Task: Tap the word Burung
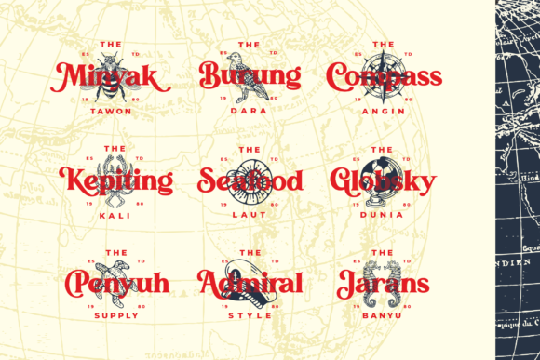click(x=250, y=76)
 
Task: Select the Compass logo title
click(x=385, y=77)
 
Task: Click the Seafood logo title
click(x=250, y=180)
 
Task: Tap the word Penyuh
click(x=114, y=283)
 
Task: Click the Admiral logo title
click(x=249, y=283)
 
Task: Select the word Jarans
click(x=384, y=283)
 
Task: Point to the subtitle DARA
click(x=249, y=111)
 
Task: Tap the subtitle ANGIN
click(x=384, y=111)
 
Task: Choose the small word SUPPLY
click(x=115, y=315)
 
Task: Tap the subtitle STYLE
click(x=249, y=315)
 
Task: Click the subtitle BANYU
click(x=384, y=315)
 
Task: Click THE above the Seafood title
click(x=249, y=149)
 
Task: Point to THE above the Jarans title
click(x=384, y=252)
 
